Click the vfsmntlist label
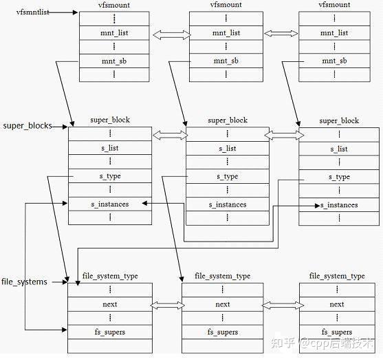[x=23, y=12]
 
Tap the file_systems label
[x=25, y=282]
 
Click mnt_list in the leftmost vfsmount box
[x=114, y=32]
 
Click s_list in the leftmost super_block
[x=110, y=148]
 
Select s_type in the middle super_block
[x=227, y=176]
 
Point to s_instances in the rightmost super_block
[x=339, y=205]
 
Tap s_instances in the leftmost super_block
[x=110, y=204]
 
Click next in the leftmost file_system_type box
[x=109, y=304]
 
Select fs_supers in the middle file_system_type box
[x=223, y=332]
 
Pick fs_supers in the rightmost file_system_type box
[x=337, y=332]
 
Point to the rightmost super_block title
[x=339, y=120]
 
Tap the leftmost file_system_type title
[x=110, y=276]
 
